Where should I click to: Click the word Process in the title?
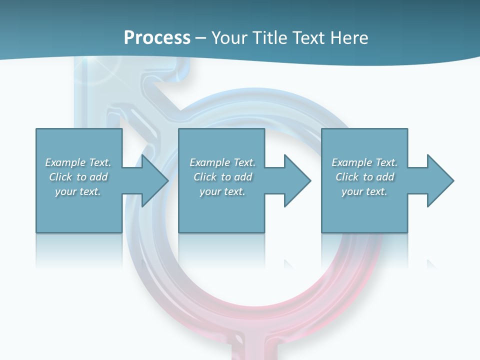pyautogui.click(x=157, y=38)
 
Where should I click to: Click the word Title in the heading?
pyautogui.click(x=269, y=38)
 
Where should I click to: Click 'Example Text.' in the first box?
pyautogui.click(x=78, y=162)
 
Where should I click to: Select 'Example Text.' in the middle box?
pyautogui.click(x=222, y=162)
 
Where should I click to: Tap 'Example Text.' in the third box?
pyautogui.click(x=364, y=162)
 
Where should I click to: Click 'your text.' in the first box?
pyautogui.click(x=78, y=191)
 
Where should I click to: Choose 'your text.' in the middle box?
pyautogui.click(x=222, y=191)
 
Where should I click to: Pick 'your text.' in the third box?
pyautogui.click(x=364, y=191)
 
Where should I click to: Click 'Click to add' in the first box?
pyautogui.click(x=78, y=177)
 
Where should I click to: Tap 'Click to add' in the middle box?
pyautogui.click(x=222, y=177)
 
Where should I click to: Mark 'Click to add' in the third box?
pyautogui.click(x=364, y=177)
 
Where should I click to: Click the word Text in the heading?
pyautogui.click(x=308, y=38)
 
